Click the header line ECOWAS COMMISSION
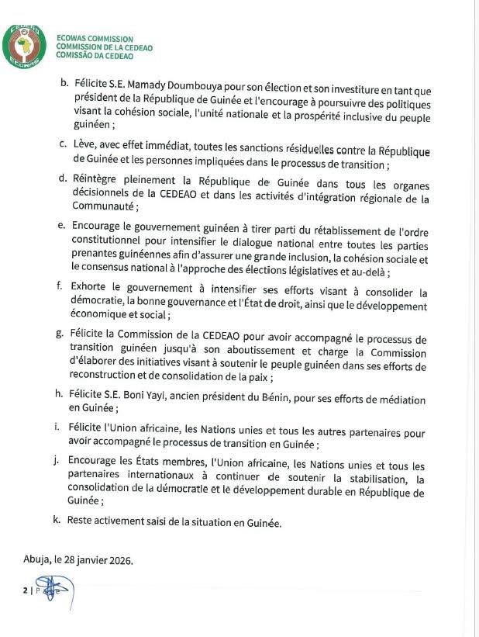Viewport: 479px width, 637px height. click(x=95, y=39)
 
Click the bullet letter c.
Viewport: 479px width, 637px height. click(x=62, y=145)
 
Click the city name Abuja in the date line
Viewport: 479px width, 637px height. click(x=36, y=559)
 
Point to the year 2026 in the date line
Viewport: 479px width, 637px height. click(x=119, y=559)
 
